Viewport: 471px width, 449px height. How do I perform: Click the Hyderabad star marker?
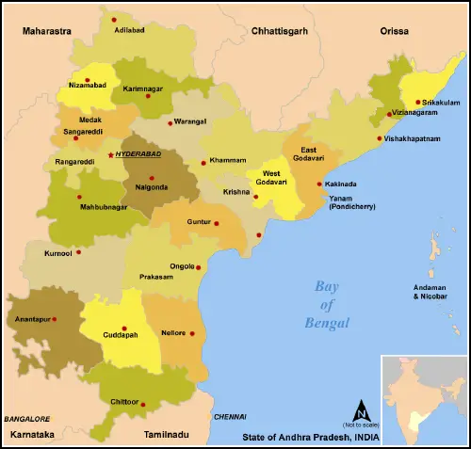[x=110, y=153]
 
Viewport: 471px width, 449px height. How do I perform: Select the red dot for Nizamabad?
[x=88, y=80]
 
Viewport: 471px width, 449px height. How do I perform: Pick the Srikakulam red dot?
[x=417, y=102]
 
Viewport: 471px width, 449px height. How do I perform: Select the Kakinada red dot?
[x=319, y=184]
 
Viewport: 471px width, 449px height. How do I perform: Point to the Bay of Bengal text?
[x=333, y=306]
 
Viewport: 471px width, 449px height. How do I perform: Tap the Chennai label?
[x=229, y=416]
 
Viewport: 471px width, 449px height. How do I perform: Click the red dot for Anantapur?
[x=54, y=319]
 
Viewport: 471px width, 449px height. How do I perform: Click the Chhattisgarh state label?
[x=280, y=31]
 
